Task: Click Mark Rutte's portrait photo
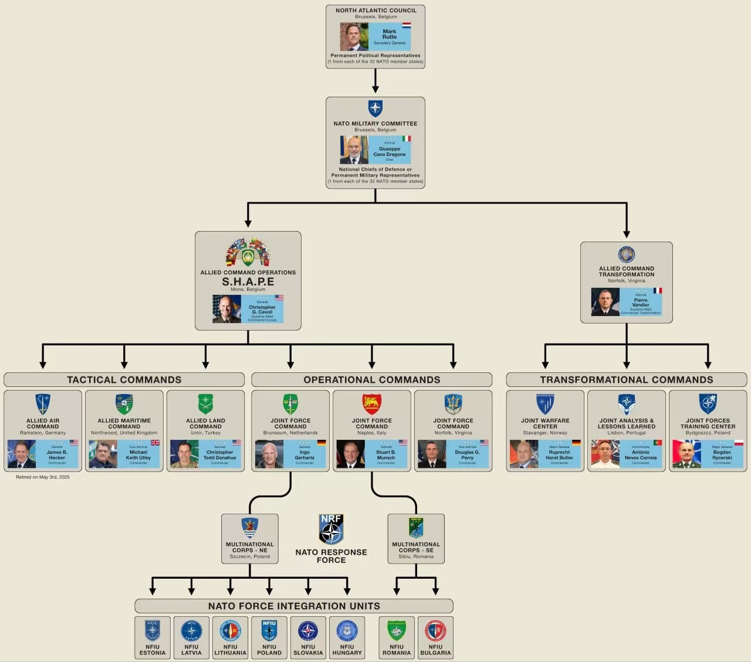[354, 36]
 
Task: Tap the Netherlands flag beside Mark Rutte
[406, 26]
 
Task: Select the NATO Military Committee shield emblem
[375, 108]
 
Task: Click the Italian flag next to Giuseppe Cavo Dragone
[406, 139]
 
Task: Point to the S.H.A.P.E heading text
[248, 281]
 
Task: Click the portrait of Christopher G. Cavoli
[226, 309]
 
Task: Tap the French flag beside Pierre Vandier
[658, 291]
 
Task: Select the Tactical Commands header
[124, 380]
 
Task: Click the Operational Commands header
[371, 380]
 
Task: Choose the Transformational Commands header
[626, 380]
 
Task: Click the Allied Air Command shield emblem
[43, 404]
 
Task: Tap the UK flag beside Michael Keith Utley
[155, 443]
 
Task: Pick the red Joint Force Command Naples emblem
[372, 404]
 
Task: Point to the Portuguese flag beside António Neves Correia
[658, 443]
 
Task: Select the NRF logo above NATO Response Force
[331, 529]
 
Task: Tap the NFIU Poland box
[269, 637]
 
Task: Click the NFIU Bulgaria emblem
[435, 631]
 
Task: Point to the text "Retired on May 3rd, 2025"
[43, 477]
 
